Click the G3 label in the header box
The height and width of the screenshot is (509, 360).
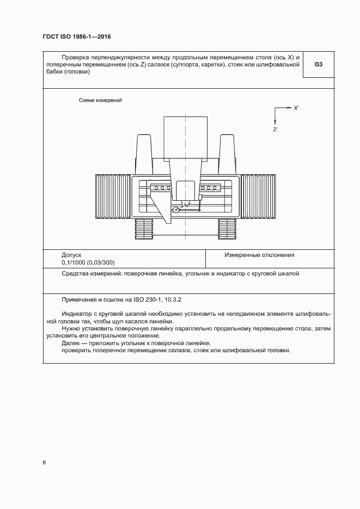319,64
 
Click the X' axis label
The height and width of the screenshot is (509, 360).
296,108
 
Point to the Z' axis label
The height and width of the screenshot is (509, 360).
276,129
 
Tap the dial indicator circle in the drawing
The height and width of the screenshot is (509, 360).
176,210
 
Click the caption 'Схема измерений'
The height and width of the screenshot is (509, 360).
100,100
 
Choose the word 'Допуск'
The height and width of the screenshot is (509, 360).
71,254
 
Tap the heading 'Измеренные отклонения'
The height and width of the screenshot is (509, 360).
259,254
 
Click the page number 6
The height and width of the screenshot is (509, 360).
44,463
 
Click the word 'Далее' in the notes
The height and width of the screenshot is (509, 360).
71,342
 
